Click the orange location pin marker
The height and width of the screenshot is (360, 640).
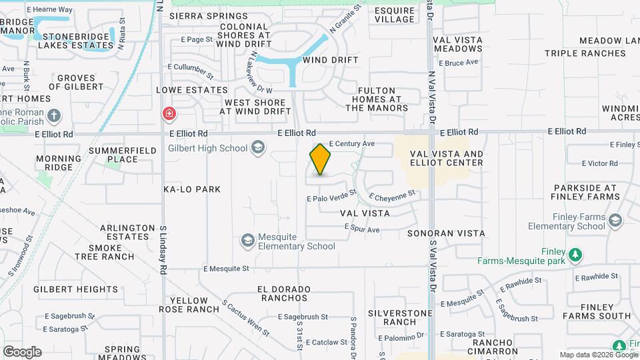[x=320, y=160]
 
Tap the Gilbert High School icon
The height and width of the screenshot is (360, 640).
[x=258, y=148]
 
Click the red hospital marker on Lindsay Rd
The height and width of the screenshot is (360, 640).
[x=169, y=113]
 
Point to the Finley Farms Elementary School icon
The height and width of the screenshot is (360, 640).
[x=615, y=221]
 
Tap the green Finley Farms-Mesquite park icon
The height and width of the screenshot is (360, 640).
[x=575, y=255]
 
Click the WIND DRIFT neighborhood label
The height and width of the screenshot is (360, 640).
[x=331, y=60]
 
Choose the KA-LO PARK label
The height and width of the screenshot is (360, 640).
[x=192, y=189]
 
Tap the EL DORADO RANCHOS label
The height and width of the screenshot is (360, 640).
[x=284, y=294]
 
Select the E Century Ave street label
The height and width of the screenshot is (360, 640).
[x=352, y=143]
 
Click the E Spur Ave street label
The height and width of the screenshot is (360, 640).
[x=362, y=229]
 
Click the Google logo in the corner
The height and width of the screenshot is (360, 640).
[x=22, y=351]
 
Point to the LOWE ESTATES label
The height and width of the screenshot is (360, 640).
[x=192, y=90]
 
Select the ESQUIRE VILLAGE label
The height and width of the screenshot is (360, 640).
[x=395, y=15]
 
